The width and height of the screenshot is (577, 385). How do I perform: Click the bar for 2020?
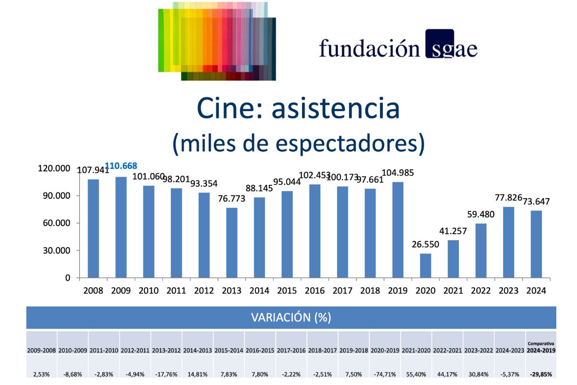click(426, 266)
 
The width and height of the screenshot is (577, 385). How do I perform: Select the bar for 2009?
click(121, 227)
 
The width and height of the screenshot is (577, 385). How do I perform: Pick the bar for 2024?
click(536, 244)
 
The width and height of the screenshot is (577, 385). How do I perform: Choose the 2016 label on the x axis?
click(315, 291)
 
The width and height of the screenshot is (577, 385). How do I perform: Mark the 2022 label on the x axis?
click(481, 291)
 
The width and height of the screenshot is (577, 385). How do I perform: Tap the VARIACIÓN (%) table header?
click(291, 318)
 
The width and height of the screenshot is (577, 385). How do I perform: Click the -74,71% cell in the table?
click(385, 373)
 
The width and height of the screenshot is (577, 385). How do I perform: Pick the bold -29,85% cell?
click(541, 373)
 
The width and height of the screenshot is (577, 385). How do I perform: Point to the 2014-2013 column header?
click(198, 350)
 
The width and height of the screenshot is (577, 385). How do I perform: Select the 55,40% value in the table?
click(416, 373)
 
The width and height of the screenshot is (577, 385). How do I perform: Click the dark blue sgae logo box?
click(439, 44)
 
